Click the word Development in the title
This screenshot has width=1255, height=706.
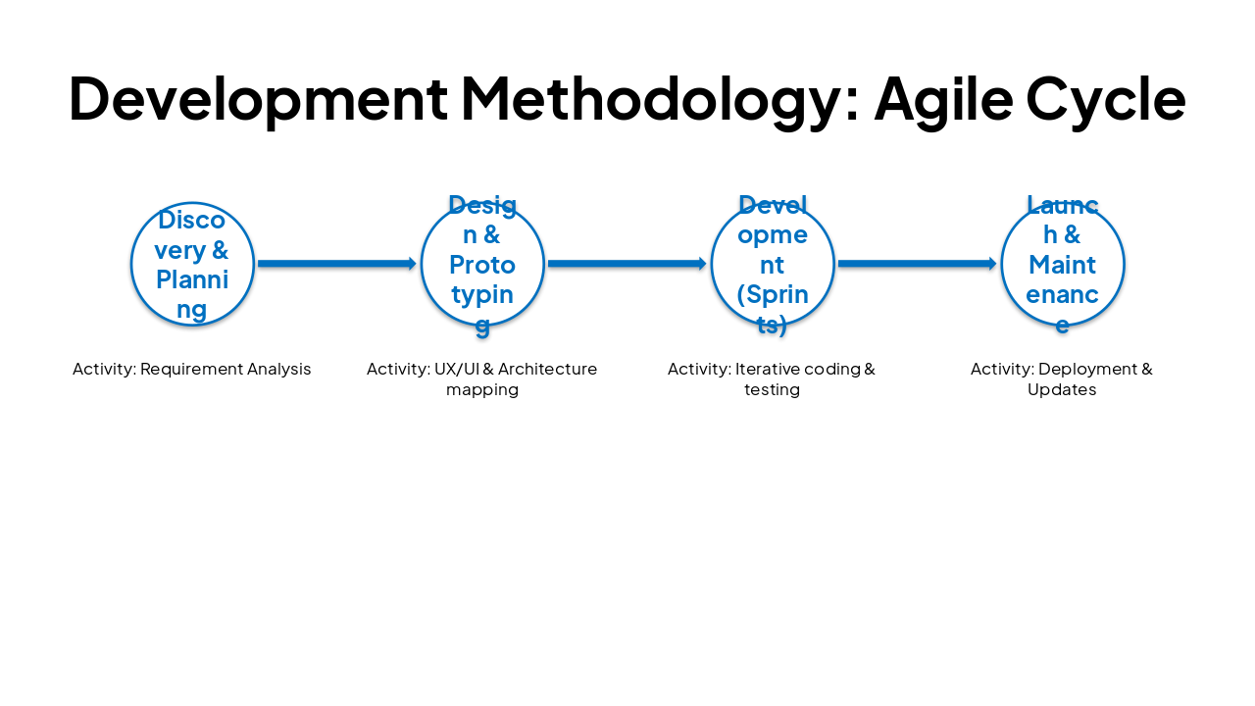tap(258, 99)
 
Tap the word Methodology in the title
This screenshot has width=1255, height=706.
tap(660, 99)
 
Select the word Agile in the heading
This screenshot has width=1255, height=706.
tap(942, 99)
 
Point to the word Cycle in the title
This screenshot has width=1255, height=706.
tap(1106, 99)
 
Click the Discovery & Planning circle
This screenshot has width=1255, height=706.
tap(192, 264)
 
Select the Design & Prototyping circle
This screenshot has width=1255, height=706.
tap(482, 264)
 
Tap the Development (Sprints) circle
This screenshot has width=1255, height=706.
tap(773, 264)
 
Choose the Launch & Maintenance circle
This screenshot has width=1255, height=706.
tap(1063, 264)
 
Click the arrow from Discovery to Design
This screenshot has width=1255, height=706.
tap(337, 264)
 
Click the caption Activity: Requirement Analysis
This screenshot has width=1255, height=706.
tap(192, 370)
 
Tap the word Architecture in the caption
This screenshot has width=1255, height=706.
tap(548, 370)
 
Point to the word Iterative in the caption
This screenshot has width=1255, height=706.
tap(767, 370)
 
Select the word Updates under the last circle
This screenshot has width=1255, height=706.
tap(1062, 390)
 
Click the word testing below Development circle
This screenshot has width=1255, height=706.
tap(772, 390)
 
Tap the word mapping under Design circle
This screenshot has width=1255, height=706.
tap(481, 390)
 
